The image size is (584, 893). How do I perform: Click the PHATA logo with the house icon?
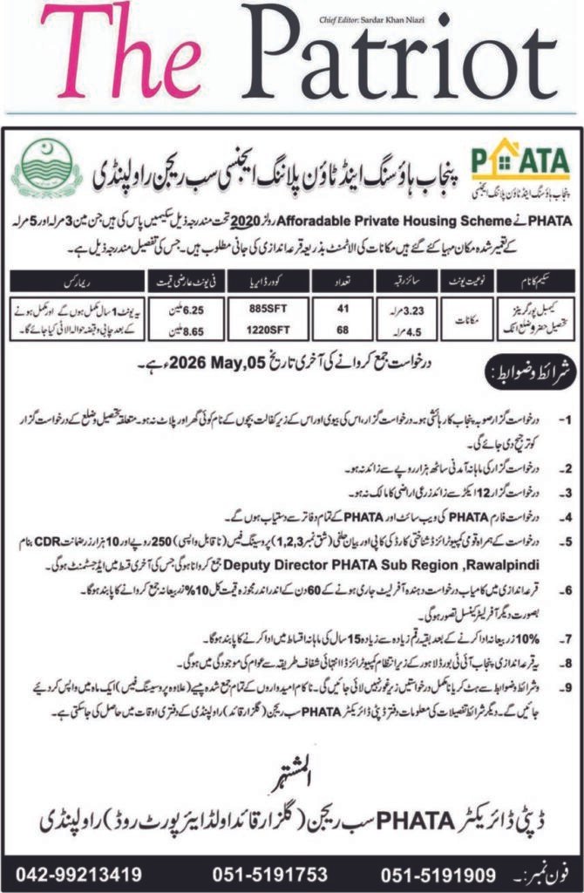519,169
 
